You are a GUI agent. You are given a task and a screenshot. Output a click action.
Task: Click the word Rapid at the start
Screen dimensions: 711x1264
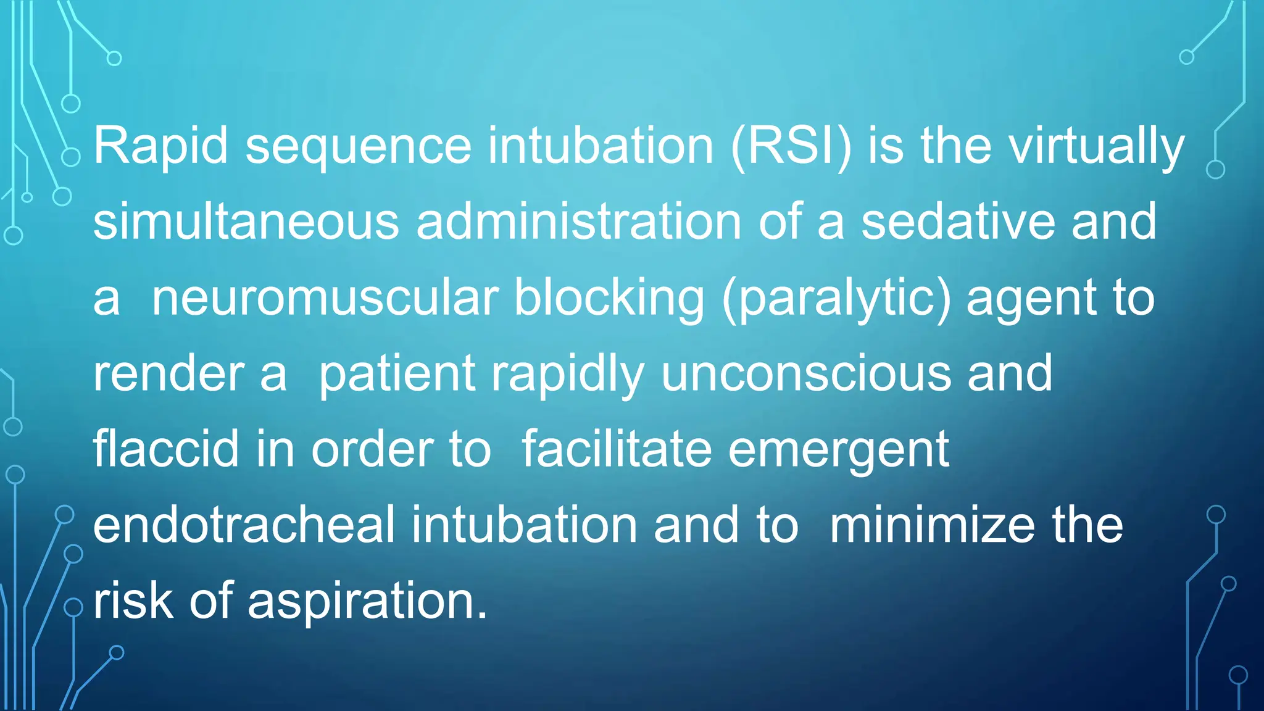click(160, 146)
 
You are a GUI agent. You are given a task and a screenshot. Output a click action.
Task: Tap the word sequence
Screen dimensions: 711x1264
click(359, 147)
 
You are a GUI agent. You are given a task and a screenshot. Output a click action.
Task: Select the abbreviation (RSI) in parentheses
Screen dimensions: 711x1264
click(791, 147)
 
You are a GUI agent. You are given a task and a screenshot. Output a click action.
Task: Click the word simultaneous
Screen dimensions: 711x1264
click(246, 222)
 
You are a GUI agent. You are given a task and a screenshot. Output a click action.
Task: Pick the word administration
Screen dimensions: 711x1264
click(578, 222)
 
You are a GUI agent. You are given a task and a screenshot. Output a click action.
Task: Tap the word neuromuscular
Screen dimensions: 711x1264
click(325, 298)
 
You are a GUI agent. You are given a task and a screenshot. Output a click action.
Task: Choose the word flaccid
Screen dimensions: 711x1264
click(166, 449)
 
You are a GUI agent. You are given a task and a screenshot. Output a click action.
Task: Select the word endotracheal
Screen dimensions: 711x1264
click(244, 525)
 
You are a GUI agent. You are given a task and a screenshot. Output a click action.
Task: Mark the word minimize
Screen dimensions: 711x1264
click(932, 525)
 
